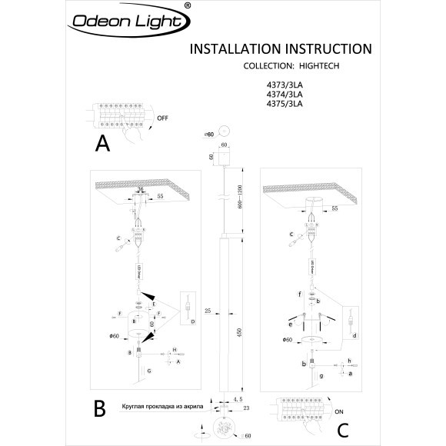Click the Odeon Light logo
126,28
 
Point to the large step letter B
100,408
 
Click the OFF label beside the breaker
161,120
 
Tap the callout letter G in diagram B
149,371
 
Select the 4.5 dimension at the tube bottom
240,399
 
